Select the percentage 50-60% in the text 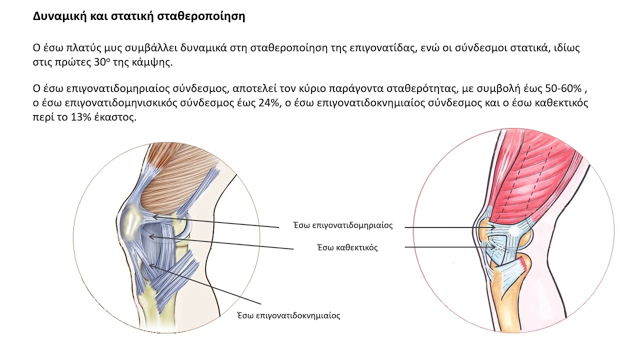click(563, 88)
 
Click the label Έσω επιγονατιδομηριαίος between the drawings click(343, 225)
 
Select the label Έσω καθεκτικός click(347, 247)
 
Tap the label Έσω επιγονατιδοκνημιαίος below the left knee click(289, 315)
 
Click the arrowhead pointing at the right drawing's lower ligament click(493, 247)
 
